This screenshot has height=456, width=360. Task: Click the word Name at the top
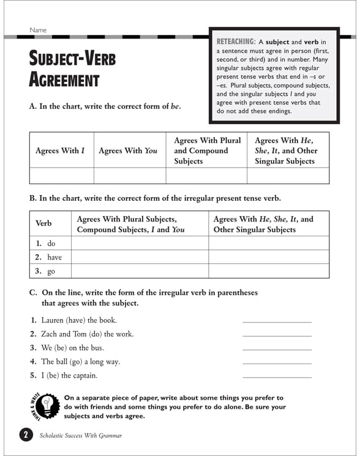click(37, 30)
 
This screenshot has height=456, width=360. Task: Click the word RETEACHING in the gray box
click(238, 41)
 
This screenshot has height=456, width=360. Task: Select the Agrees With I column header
click(60, 151)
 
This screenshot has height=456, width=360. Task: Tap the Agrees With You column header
click(128, 151)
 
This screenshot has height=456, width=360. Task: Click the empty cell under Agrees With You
click(129, 176)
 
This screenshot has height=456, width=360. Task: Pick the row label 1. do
click(45, 244)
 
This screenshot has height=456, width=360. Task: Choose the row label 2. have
click(48, 257)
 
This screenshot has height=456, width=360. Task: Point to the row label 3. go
click(45, 271)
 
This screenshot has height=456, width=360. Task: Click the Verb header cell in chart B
click(44, 223)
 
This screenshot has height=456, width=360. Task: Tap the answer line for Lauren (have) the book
click(277, 321)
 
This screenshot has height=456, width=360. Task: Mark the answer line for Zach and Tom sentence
click(277, 335)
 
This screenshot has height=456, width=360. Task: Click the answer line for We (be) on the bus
click(277, 349)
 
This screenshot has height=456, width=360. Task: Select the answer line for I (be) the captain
click(277, 376)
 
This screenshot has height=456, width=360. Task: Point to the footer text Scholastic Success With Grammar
click(80, 436)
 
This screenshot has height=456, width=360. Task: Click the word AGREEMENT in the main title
click(64, 80)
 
